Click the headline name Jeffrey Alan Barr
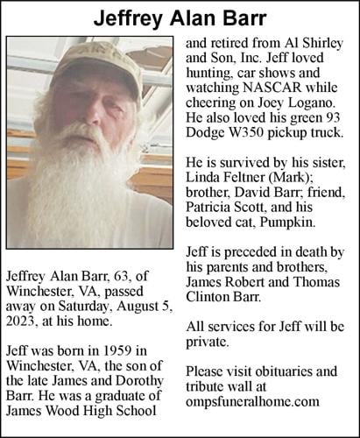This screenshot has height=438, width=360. tap(180, 17)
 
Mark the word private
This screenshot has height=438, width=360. tap(209, 344)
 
